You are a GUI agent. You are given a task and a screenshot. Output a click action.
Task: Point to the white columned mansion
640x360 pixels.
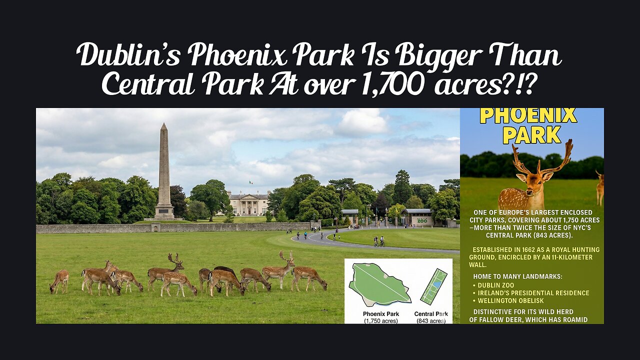point(248,204)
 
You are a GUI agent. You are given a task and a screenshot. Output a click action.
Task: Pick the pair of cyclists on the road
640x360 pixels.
point(379,241)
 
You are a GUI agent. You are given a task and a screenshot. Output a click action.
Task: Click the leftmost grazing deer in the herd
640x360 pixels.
point(59,281)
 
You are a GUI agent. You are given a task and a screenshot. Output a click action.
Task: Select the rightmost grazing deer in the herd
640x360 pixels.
point(310,277)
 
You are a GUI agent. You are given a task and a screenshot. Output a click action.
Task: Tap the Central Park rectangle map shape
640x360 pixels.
point(433,286)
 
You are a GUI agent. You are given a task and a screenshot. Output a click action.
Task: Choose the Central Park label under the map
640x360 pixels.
point(431,314)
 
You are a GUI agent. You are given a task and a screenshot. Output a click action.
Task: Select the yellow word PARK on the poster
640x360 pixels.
point(531,134)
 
